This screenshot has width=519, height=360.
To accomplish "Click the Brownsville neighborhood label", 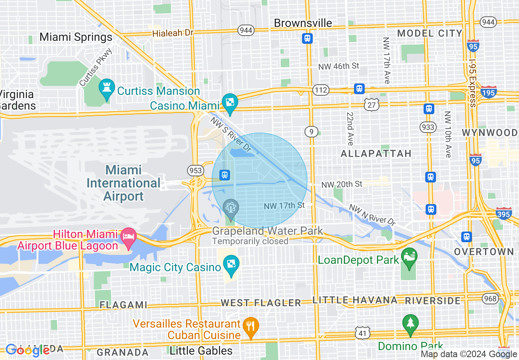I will click(303, 23).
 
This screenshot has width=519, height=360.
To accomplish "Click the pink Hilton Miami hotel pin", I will click(129, 238).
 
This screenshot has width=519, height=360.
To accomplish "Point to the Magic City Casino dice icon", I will click(231, 264).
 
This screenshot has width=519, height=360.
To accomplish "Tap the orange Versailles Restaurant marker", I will click(250, 327).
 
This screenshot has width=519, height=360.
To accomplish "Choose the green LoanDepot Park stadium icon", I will click(409, 257).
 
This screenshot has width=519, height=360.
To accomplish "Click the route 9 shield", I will click(311, 131).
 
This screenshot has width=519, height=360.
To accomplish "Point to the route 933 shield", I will click(428, 127).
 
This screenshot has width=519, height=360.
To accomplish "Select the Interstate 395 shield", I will click(503, 214).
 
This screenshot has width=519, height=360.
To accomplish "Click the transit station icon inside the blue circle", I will click(224, 175).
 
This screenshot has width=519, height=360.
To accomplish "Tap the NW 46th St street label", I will click(338, 66).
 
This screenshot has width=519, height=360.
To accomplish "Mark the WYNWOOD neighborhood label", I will click(490, 133).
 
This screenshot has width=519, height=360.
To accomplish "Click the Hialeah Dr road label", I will click(172, 33).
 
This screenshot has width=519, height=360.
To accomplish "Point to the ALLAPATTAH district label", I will click(376, 153).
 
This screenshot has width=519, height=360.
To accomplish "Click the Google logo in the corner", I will click(28, 350).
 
